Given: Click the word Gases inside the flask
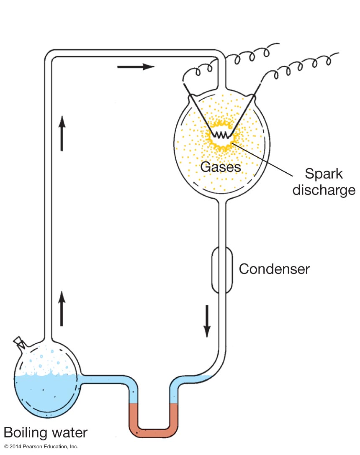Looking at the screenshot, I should coord(221,167).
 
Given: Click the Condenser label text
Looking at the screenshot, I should coord(274,268).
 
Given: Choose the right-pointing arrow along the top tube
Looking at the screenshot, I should coord(136,66).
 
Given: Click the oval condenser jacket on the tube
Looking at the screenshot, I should coord(222,270).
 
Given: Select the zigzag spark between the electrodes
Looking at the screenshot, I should coord(221,135).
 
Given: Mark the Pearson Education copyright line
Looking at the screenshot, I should coord(41,447).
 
